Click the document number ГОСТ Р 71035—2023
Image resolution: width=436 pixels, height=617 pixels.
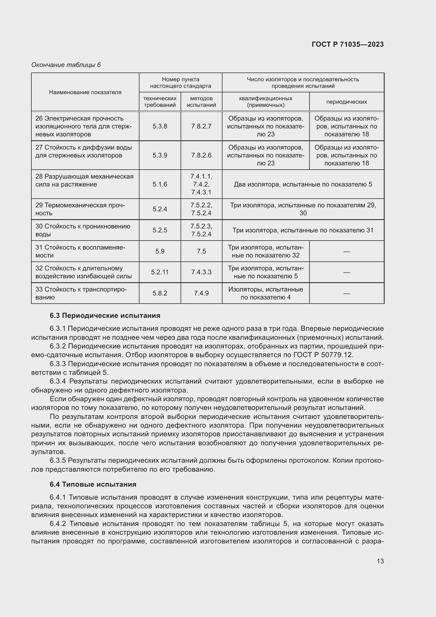[x=347, y=44]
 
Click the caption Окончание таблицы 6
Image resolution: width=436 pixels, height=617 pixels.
[x=66, y=65]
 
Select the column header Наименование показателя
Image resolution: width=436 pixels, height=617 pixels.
[x=85, y=92]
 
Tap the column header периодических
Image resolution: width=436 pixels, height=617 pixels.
[x=346, y=102]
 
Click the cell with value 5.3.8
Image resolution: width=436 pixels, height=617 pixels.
[x=160, y=126]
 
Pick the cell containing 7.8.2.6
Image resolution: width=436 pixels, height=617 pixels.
[x=201, y=155]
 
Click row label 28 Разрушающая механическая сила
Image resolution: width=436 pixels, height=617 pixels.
[x=84, y=180]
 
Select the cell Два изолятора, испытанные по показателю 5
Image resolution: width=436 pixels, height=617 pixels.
[x=303, y=184]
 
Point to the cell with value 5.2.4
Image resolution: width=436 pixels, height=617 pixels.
[x=160, y=209]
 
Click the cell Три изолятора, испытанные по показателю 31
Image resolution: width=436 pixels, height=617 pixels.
[x=303, y=230]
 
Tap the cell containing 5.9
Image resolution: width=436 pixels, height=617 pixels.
[x=160, y=251]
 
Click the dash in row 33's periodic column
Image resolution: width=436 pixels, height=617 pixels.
[x=346, y=293]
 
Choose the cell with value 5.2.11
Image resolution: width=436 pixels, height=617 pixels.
[x=160, y=272]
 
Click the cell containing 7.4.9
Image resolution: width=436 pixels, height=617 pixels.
[x=201, y=293]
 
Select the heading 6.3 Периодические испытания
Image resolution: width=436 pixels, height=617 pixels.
[x=105, y=315]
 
